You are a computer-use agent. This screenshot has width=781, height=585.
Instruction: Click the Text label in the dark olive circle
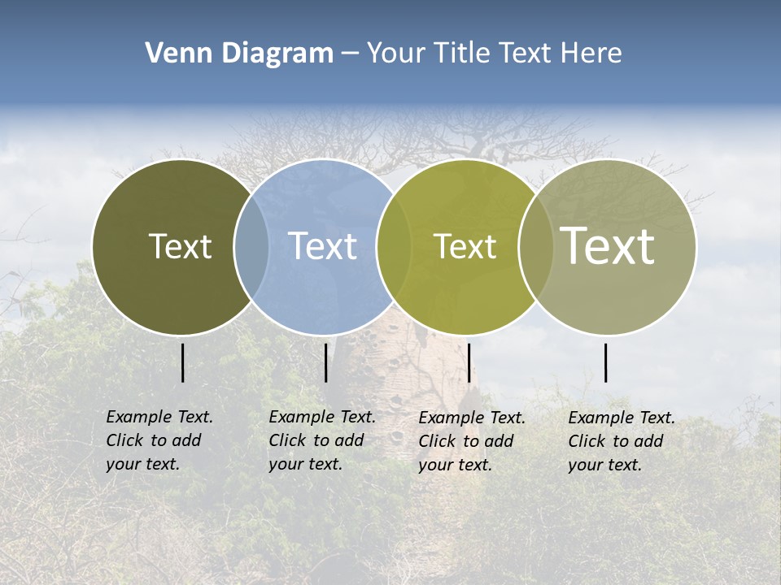pyautogui.click(x=180, y=246)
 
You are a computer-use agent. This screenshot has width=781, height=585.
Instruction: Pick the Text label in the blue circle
pyautogui.click(x=322, y=246)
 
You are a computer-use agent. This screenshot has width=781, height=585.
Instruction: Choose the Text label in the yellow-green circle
pyautogui.click(x=465, y=246)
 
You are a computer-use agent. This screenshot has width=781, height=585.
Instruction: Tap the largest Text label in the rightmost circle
pyautogui.click(x=607, y=245)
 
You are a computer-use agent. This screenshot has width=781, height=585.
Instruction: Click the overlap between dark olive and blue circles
pyautogui.click(x=251, y=246)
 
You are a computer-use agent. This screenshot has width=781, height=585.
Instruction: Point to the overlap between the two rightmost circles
pyautogui.click(x=536, y=246)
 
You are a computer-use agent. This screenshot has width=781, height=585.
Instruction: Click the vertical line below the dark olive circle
pyautogui.click(x=182, y=362)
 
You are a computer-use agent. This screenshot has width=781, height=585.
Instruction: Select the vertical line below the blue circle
pyautogui.click(x=325, y=362)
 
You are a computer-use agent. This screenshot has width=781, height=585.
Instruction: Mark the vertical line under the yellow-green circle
pyautogui.click(x=469, y=362)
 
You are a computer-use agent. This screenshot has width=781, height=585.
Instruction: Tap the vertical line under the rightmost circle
pyautogui.click(x=606, y=362)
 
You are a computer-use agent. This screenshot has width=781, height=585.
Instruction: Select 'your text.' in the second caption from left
pyautogui.click(x=305, y=464)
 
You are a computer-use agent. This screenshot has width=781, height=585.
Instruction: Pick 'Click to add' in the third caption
pyautogui.click(x=466, y=441)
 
